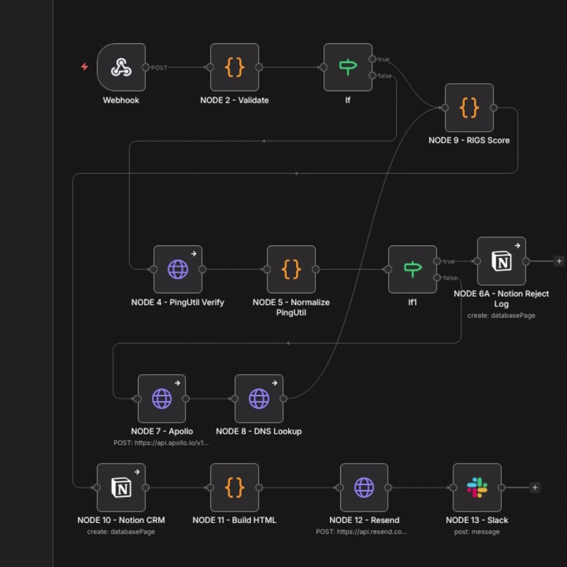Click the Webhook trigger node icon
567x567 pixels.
click(x=121, y=67)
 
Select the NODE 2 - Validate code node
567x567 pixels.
click(x=235, y=67)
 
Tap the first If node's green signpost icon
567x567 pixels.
click(x=348, y=67)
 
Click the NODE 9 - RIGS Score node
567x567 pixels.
click(x=469, y=108)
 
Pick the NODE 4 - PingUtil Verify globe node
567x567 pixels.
click(x=178, y=269)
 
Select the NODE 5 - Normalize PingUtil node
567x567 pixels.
click(x=291, y=269)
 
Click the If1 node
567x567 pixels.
click(x=412, y=269)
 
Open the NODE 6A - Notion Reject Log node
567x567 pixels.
click(x=502, y=261)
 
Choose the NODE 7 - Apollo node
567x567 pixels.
click(x=162, y=398)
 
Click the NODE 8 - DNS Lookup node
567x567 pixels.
click(x=259, y=398)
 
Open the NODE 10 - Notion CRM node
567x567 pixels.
click(x=121, y=488)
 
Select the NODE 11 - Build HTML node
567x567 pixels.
click(x=235, y=488)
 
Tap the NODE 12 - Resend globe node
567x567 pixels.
click(x=364, y=488)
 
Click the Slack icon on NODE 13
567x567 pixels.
click(x=477, y=488)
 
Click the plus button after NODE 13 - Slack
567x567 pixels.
click(x=535, y=488)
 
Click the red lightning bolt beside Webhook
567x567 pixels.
click(x=84, y=67)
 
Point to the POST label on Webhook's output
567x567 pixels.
click(x=159, y=67)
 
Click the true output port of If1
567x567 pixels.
click(x=437, y=261)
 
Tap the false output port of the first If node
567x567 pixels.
click(x=373, y=75)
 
